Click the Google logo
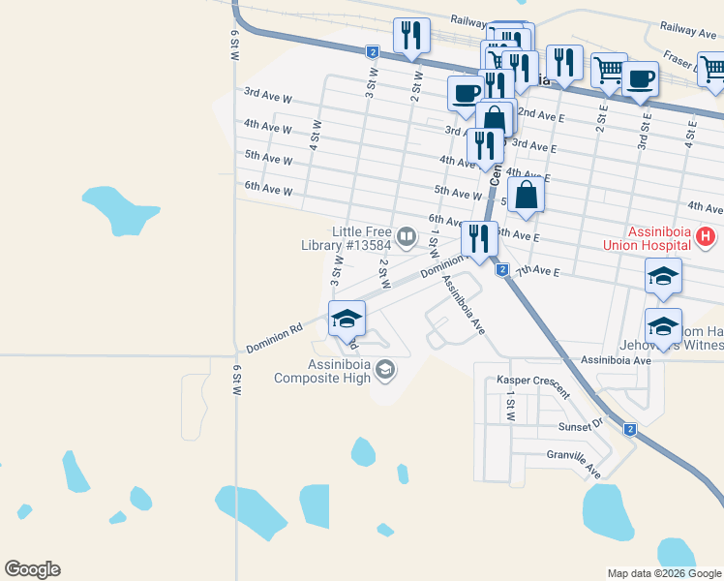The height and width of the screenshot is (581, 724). point(32,569)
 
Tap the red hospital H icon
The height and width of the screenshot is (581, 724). point(706,235)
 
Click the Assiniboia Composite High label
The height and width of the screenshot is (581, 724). point(336,371)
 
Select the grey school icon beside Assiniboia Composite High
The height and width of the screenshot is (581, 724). point(385,369)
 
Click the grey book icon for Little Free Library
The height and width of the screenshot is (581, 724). point(407,235)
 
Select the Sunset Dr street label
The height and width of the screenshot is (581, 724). point(580,425)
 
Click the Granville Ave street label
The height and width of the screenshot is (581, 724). point(574,461)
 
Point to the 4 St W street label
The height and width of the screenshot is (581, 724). point(316,134)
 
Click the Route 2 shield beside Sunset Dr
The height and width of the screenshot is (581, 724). point(630,429)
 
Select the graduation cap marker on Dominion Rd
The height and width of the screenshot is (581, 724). point(347,318)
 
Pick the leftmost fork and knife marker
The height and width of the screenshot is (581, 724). point(411,36)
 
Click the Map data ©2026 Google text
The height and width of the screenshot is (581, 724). point(663,573)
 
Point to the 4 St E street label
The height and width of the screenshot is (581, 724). point(691,129)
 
